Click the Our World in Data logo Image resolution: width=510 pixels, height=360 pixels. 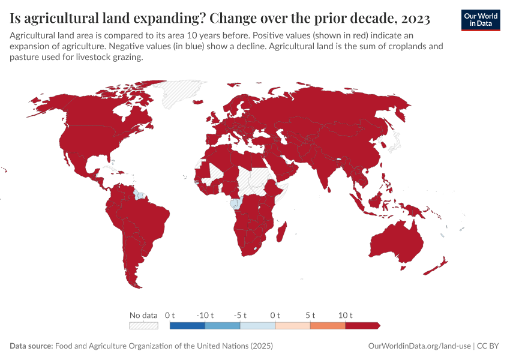click(x=481, y=20)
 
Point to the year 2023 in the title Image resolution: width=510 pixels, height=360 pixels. click(x=413, y=19)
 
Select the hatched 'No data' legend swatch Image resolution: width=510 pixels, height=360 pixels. click(x=143, y=326)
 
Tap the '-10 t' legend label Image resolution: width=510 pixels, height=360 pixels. click(x=205, y=315)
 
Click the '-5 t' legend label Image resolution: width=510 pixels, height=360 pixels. click(x=240, y=315)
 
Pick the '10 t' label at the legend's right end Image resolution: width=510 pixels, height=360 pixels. click(x=346, y=315)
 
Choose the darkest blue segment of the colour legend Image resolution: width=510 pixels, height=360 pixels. click(x=187, y=326)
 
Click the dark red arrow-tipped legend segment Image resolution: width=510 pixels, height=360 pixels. click(x=362, y=326)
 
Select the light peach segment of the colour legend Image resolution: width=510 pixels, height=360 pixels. click(x=292, y=326)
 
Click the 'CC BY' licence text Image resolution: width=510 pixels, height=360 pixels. click(x=488, y=346)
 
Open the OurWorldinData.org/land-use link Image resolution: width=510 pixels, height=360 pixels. click(x=419, y=346)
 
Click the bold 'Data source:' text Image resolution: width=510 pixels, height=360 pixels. click(x=31, y=346)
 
